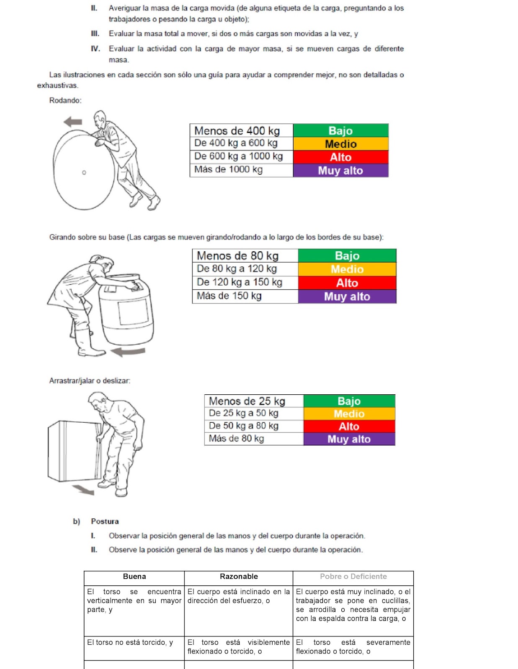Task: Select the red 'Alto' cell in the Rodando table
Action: pyautogui.click(x=340, y=157)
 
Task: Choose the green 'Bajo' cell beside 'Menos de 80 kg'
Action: pyautogui.click(x=347, y=255)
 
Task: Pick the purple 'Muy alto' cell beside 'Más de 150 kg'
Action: pyautogui.click(x=347, y=296)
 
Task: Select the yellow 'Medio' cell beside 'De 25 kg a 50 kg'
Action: pyautogui.click(x=349, y=414)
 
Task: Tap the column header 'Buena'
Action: pyautogui.click(x=134, y=577)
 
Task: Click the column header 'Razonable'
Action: pyautogui.click(x=239, y=577)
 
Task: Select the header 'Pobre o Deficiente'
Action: pyautogui.click(x=353, y=577)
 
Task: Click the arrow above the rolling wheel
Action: pyautogui.click(x=73, y=122)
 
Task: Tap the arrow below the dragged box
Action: pyautogui.click(x=83, y=490)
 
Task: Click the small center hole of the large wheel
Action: pyautogui.click(x=84, y=172)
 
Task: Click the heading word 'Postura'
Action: pyautogui.click(x=105, y=521)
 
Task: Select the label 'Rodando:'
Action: pyautogui.click(x=65, y=100)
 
